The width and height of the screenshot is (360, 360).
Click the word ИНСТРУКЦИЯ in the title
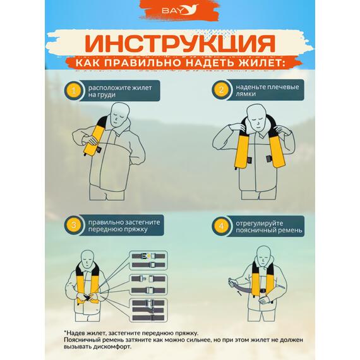click(x=179, y=43)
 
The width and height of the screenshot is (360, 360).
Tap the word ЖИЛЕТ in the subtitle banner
click(x=253, y=63)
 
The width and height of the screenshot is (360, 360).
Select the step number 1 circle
click(x=75, y=91)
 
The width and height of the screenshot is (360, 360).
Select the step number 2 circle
click(x=221, y=90)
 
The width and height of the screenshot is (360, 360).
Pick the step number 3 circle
click(x=75, y=225)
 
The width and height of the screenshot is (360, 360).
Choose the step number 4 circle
click(x=221, y=225)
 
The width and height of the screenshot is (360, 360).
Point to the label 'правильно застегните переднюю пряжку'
click(x=124, y=225)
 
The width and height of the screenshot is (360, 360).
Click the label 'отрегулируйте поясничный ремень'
click(x=264, y=225)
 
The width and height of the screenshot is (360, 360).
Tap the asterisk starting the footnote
click(x=64, y=332)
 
